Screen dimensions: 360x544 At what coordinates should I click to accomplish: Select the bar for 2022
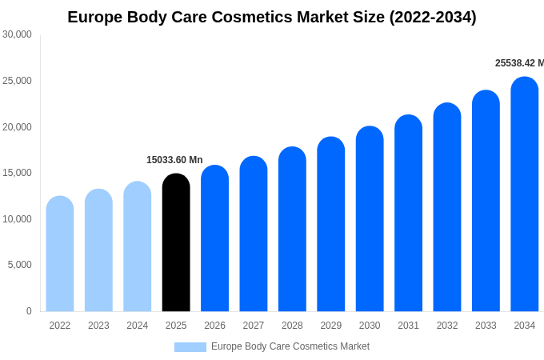click(60, 254)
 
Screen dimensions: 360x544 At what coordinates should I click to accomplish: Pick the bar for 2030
click(370, 219)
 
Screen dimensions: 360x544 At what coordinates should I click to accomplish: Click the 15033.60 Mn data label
click(174, 160)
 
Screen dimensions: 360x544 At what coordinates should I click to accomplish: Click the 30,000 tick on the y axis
click(17, 34)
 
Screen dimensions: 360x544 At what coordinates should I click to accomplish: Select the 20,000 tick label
click(17, 126)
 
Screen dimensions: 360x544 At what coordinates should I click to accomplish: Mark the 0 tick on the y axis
click(29, 311)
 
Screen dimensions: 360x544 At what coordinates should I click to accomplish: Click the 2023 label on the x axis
click(98, 326)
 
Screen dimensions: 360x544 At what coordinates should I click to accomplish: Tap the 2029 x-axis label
click(331, 326)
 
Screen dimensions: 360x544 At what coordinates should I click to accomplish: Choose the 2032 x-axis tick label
click(447, 326)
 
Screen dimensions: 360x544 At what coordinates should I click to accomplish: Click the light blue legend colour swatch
click(190, 347)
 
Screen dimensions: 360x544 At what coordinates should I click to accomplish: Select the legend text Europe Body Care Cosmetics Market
click(290, 346)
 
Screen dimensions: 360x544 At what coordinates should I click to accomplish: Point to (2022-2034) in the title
click(433, 17)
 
